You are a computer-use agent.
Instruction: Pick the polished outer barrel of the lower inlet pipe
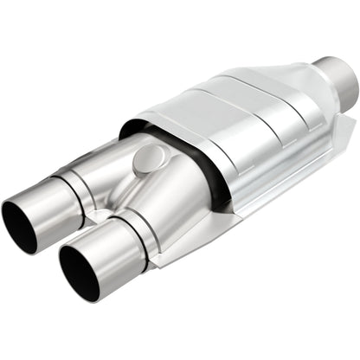[x=108, y=251]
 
